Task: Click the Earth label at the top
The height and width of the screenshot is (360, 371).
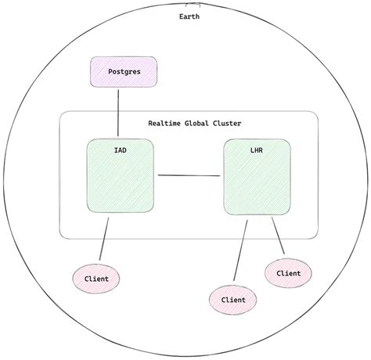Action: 189,16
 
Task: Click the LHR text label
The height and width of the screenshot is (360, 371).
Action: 257,149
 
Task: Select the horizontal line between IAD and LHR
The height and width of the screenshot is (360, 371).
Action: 189,175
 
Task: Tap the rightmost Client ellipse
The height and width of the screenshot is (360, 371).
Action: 288,272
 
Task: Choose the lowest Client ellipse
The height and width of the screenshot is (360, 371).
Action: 233,299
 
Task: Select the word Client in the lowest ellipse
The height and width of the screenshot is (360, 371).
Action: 233,299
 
